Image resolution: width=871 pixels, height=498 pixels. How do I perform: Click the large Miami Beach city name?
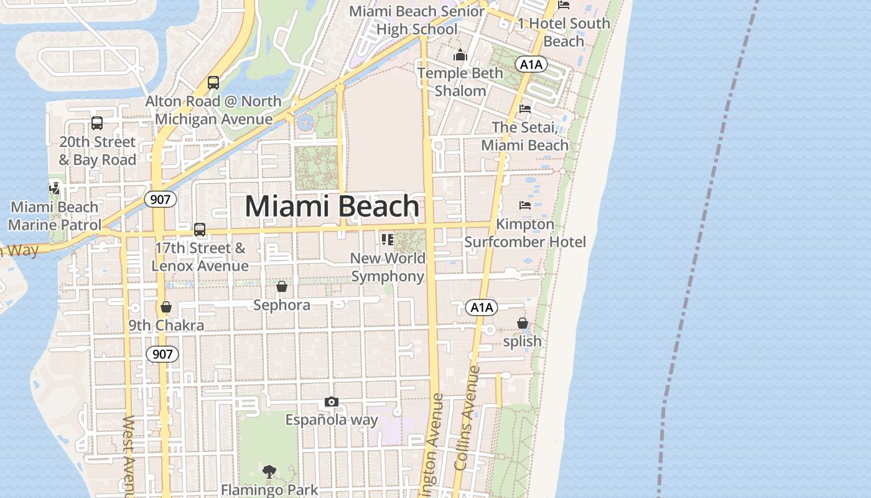point(332,206)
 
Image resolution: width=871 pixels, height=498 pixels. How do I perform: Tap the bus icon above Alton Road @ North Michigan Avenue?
point(213,82)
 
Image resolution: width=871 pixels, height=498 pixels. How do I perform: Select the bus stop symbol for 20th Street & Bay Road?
point(97,123)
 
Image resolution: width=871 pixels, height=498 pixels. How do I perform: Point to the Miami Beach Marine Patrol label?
point(55,216)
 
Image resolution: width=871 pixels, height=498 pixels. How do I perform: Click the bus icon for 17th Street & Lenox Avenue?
point(200,229)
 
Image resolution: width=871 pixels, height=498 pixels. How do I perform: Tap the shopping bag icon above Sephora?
point(282,286)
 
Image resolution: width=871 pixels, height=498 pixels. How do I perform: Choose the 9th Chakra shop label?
point(166,325)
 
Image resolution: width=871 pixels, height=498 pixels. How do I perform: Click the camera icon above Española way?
point(332,402)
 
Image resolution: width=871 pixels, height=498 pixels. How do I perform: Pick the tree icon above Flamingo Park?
point(269,472)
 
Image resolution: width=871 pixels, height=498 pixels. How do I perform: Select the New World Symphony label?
point(388,267)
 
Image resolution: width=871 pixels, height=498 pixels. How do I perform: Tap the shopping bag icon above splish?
point(523,323)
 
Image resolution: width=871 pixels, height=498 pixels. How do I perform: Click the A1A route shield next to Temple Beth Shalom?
point(531,64)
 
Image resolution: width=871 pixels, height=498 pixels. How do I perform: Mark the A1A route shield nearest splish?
point(482,307)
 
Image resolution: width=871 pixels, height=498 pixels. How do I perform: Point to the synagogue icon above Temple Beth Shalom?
point(460,55)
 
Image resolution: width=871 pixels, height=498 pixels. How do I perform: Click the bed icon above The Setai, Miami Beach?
point(525,108)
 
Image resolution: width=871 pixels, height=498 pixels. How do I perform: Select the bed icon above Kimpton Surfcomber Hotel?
point(525,205)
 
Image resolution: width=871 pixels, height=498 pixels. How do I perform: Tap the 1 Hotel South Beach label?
point(564,32)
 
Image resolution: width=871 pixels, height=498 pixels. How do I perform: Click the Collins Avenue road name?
point(468,417)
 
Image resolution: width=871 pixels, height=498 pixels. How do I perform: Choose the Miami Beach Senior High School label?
point(417,20)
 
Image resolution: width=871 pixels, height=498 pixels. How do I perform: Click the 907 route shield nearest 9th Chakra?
point(162,354)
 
